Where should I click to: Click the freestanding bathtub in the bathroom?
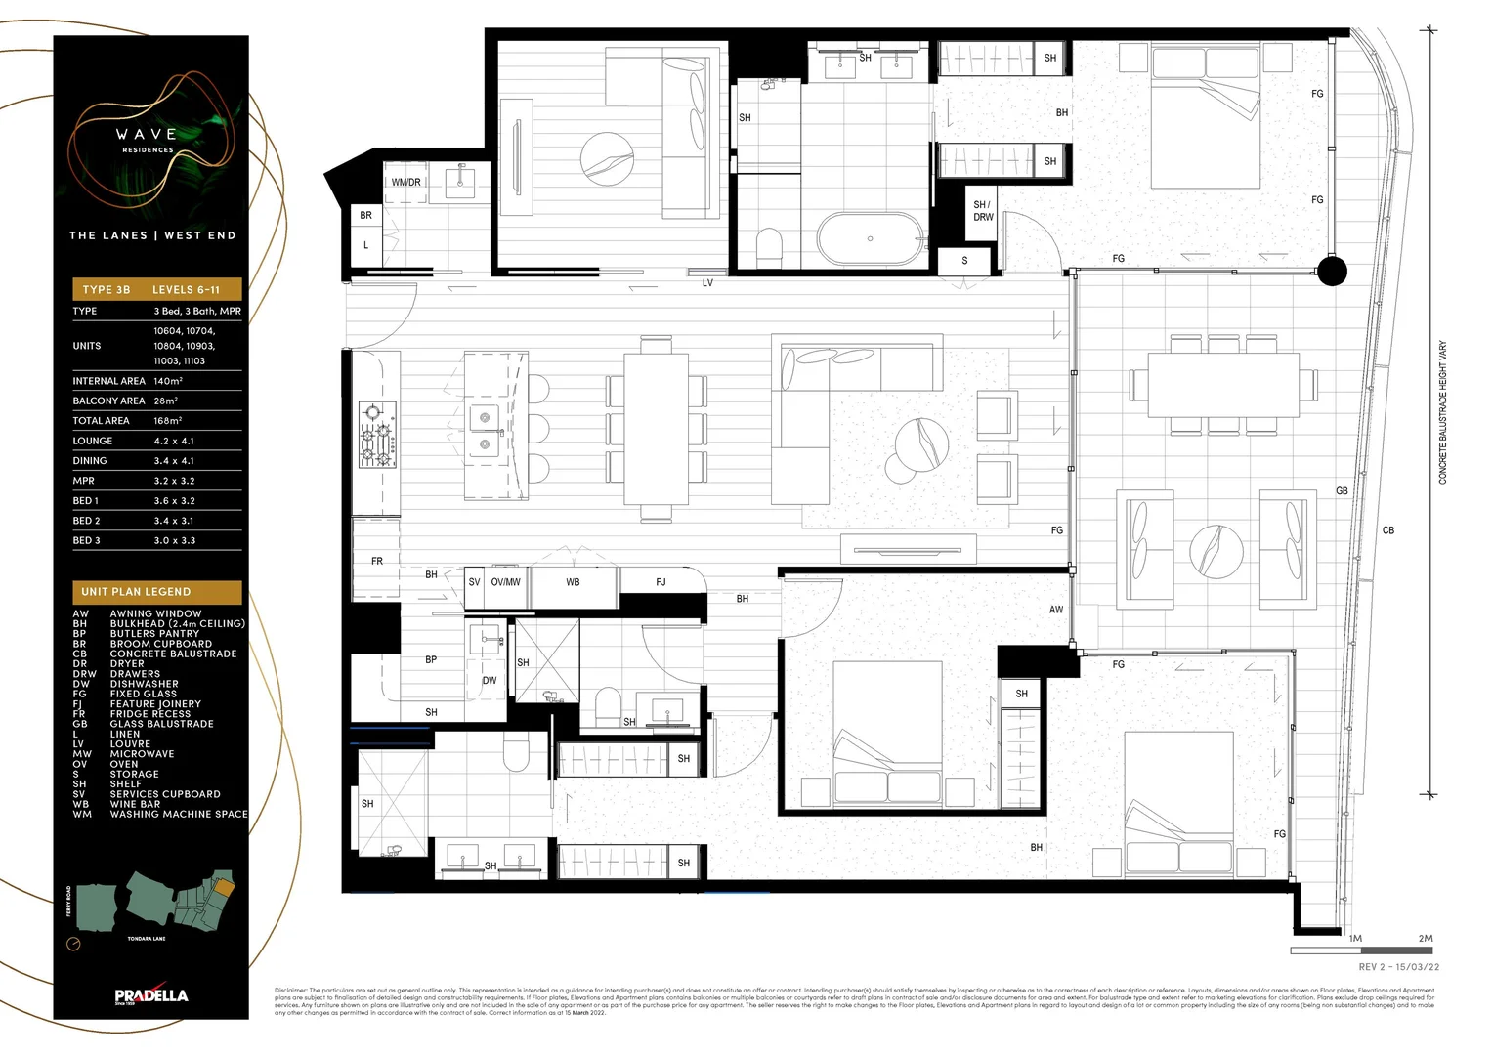point(870,238)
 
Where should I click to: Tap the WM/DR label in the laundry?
point(406,183)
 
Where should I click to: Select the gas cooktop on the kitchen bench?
point(377,433)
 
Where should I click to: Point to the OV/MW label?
point(505,582)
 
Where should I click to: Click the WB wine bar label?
point(573,582)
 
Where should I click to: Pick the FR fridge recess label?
point(377,562)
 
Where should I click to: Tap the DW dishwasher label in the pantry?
point(490,681)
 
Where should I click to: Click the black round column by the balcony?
point(1332,271)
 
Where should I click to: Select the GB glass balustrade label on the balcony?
point(1342,491)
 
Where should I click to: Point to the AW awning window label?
point(1056,610)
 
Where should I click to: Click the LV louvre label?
point(707,283)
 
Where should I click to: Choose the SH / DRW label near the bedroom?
point(982,211)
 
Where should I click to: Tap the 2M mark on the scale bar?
point(1426,939)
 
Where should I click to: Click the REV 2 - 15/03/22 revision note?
point(1398,967)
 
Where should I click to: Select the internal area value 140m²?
point(168,381)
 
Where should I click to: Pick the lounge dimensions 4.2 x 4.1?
point(174,441)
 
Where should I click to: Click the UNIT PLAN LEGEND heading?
point(136,592)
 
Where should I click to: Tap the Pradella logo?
point(150,995)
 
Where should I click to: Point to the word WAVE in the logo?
point(148,135)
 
